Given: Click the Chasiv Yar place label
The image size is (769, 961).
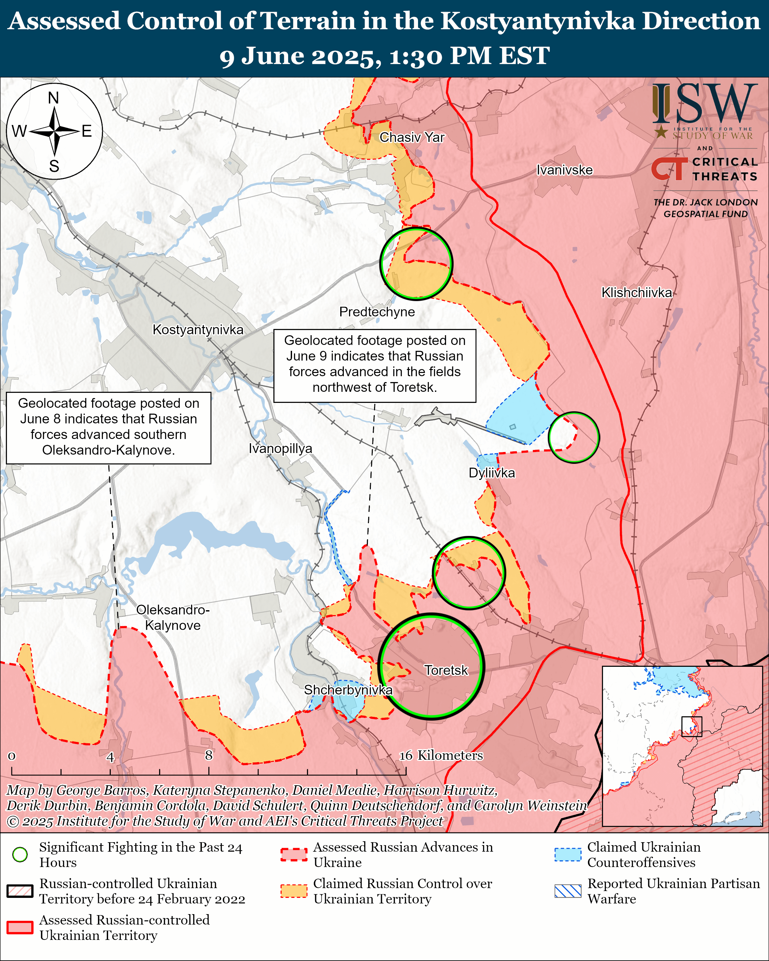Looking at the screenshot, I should point(412,137).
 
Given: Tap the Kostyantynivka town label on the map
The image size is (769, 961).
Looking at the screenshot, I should point(198,330).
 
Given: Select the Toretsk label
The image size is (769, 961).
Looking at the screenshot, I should point(446,670).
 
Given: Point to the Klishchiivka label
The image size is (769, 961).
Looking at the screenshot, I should point(636,293).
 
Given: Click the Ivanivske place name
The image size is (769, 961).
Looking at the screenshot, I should point(565,170).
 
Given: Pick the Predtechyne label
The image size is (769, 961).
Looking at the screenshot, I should point(377,311).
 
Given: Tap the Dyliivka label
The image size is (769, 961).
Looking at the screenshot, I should point(492,473).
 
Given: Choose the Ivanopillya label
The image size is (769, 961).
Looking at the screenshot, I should point(280,448).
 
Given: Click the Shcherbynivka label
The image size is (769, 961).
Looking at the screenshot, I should point(348,690).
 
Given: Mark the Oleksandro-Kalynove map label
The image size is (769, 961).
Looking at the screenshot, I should point(173,617).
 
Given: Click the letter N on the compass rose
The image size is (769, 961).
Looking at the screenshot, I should point(53,98).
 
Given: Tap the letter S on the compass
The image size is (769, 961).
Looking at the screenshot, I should point(54,166).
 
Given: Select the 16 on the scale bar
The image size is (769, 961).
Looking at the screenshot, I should point(406,755).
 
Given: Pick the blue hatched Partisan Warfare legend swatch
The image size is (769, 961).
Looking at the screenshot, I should point(567,891).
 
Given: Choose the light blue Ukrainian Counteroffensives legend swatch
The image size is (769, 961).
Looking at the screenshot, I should point(567,855).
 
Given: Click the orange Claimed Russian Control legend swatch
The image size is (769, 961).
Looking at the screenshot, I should point(294,891).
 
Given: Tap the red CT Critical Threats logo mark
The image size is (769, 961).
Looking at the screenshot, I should point(669,169).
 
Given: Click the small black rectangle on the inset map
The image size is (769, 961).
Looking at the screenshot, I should point(692,727).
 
